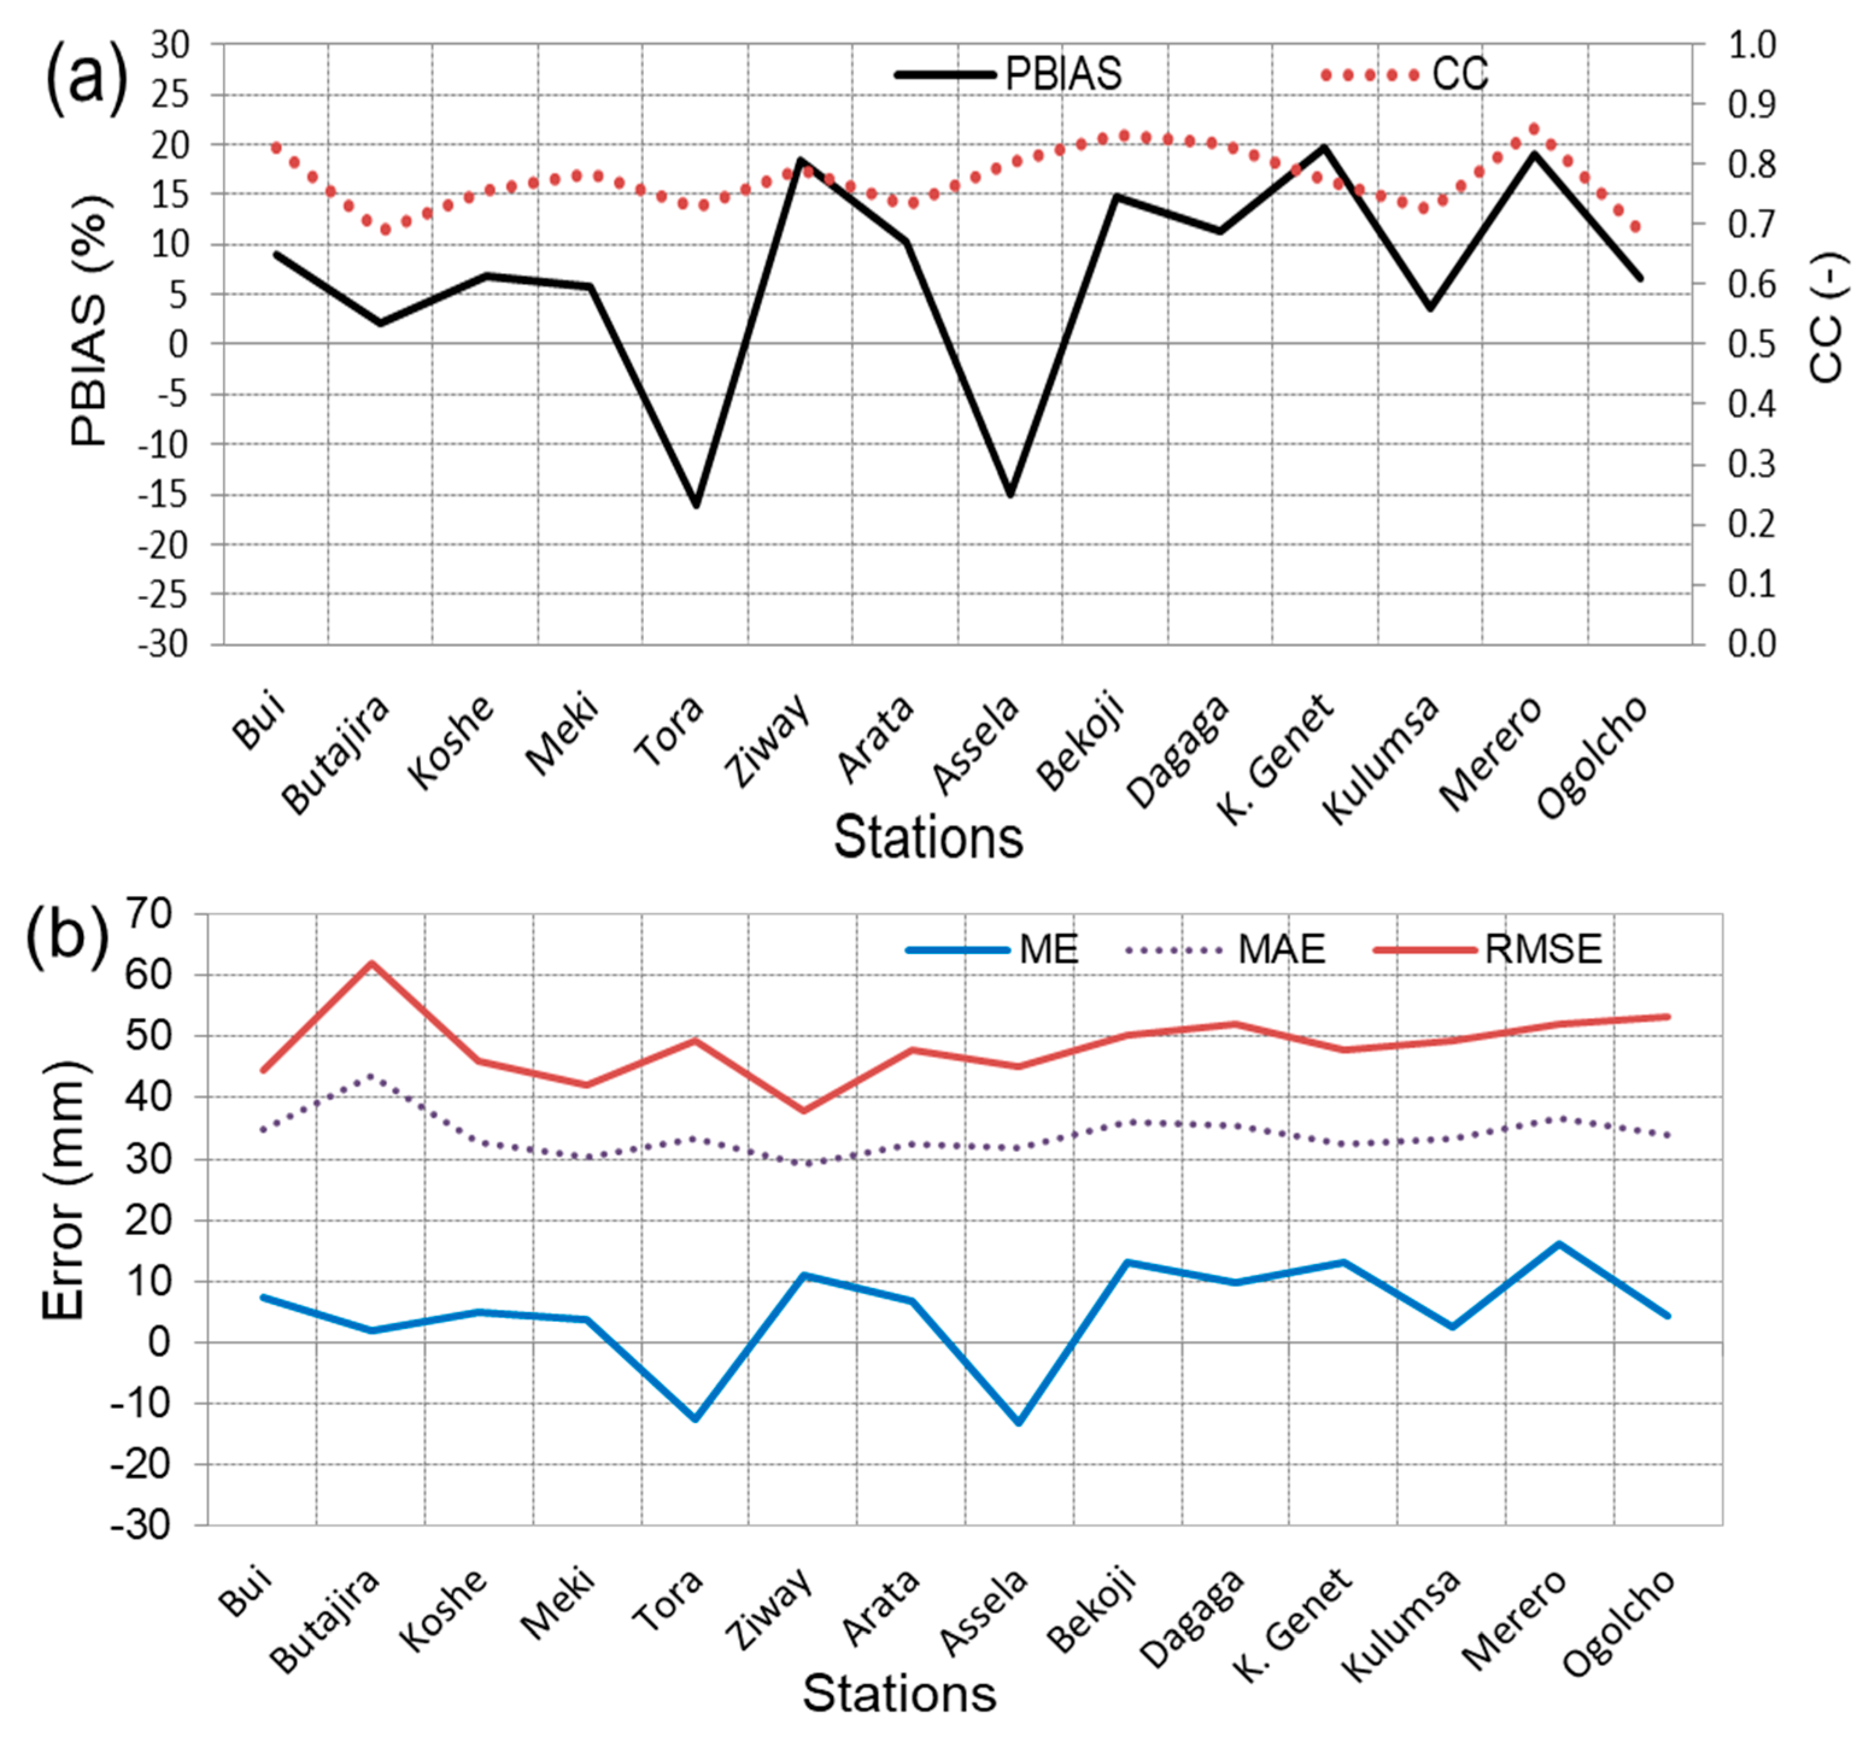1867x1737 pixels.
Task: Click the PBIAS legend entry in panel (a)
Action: coord(1010,74)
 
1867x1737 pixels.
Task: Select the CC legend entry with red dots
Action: coord(1406,74)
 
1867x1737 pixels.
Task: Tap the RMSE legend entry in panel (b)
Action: coord(1490,949)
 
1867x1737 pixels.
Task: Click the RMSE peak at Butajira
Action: coord(372,963)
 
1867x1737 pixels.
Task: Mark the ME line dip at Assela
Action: coord(1019,1422)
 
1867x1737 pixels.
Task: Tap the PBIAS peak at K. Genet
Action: coord(1325,146)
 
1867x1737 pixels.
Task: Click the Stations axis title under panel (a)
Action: coord(928,838)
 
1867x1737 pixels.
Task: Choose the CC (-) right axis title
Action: coord(1825,318)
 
